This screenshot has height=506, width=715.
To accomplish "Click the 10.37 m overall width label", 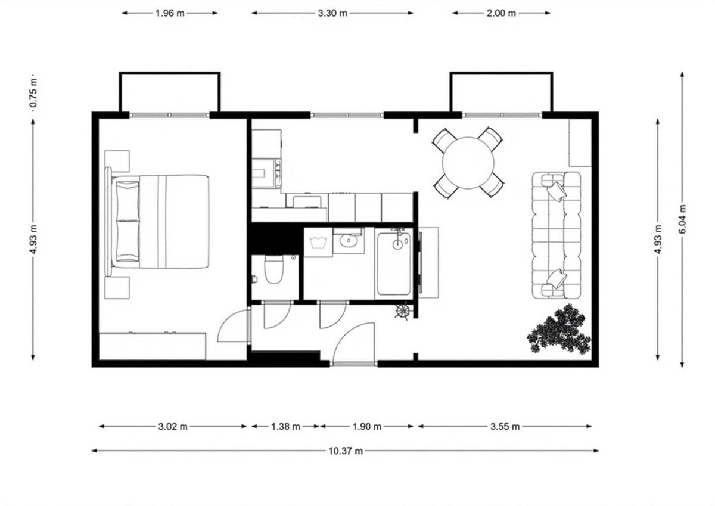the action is pyautogui.click(x=346, y=451).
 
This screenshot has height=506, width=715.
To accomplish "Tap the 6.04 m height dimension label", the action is pyautogui.click(x=682, y=219).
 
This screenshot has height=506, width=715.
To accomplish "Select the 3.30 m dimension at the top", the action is pyautogui.click(x=332, y=13).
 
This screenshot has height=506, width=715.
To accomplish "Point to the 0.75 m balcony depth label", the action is pyautogui.click(x=33, y=93).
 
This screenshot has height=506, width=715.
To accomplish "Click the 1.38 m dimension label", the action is pyautogui.click(x=285, y=426).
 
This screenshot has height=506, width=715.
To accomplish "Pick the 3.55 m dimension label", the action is pyautogui.click(x=505, y=426).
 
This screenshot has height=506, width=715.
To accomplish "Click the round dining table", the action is pyautogui.click(x=468, y=163).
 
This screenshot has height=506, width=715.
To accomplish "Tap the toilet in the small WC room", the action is pyautogui.click(x=274, y=269).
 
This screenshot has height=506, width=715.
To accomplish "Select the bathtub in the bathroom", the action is pyautogui.click(x=394, y=263).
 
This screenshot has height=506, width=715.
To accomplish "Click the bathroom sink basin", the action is pyautogui.click(x=348, y=240).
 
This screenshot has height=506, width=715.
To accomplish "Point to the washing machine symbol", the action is pyautogui.click(x=318, y=243).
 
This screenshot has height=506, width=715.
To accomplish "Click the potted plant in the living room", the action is pyautogui.click(x=559, y=330).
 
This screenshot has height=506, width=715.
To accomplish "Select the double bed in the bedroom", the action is pyautogui.click(x=157, y=222).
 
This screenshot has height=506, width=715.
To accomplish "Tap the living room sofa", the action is pyautogui.click(x=556, y=235).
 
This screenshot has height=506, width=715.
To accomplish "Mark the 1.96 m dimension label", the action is pyautogui.click(x=170, y=13).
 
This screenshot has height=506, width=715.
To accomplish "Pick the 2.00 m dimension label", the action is pyautogui.click(x=501, y=13).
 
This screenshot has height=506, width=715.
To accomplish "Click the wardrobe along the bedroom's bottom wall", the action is pyautogui.click(x=153, y=346).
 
